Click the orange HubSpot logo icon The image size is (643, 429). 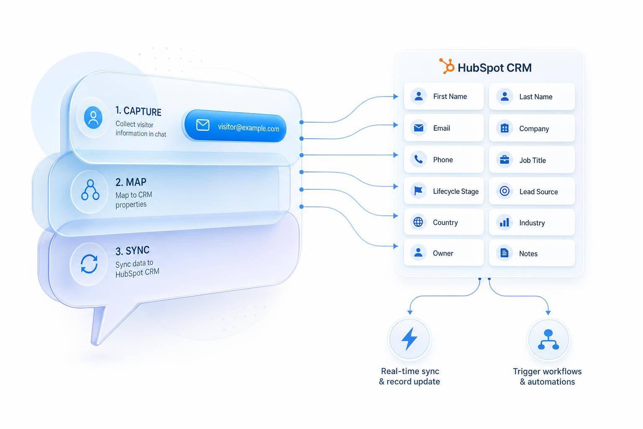pos(447,66)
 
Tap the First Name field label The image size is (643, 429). pos(450,96)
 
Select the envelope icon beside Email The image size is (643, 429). pos(419,128)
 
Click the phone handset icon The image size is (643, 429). pos(419,159)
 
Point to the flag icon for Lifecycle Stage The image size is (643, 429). pos(418,191)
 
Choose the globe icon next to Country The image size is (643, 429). pos(418,222)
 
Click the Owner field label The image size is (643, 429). pos(443,253)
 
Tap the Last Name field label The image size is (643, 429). pos(536,97)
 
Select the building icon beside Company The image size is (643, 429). pos(504,128)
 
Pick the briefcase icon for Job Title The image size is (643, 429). pos(504,160)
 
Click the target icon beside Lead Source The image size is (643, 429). pos(504,191)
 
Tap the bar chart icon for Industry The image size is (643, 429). pos(504,222)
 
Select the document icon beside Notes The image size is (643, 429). pos(504,253)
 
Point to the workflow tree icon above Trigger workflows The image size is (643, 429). pos(548,339)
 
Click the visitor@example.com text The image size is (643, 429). pos(248,127)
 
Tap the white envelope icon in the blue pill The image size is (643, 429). pos(203,125)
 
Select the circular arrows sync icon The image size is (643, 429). pos(89,264)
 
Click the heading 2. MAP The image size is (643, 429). pos(131,182)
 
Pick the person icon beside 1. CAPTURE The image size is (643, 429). pos(93,118)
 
